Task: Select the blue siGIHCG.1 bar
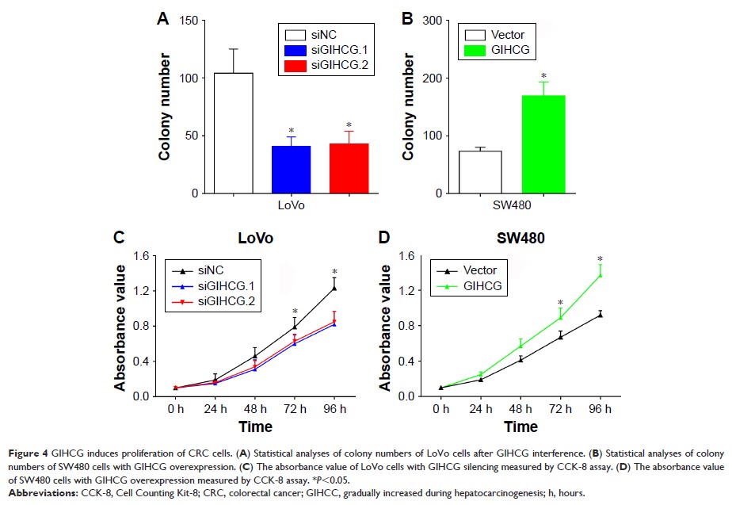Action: (x=291, y=170)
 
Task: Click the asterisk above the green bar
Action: (x=543, y=75)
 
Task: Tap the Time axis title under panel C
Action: (x=255, y=427)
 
